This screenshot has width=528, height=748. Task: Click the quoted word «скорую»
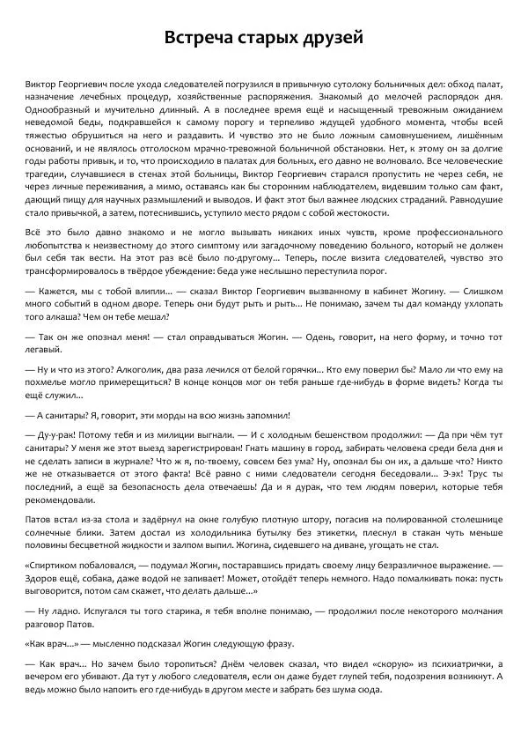361,663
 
